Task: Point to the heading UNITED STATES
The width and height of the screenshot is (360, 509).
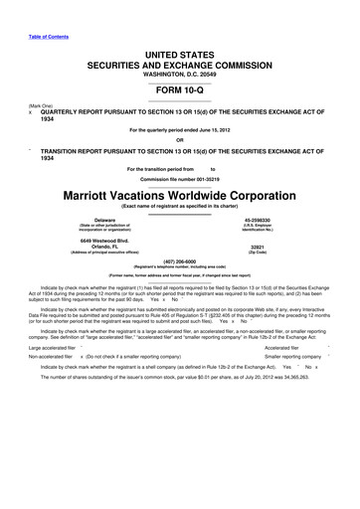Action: (180, 50)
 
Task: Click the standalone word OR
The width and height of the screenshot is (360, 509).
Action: (180, 139)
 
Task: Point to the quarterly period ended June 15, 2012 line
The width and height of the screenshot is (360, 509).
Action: (180, 128)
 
